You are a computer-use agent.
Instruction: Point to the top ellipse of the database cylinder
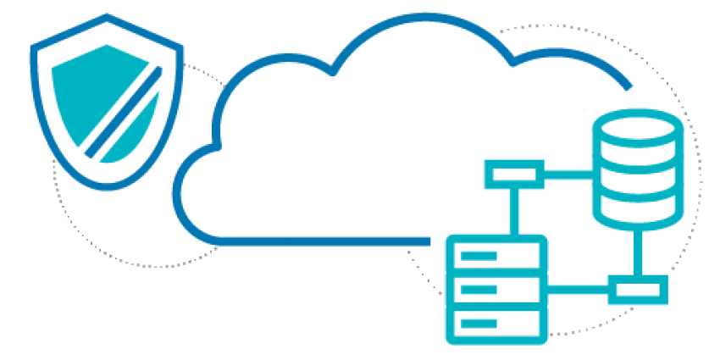point(637,125)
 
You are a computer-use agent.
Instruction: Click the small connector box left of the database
point(514,175)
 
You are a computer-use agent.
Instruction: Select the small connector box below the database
point(637,291)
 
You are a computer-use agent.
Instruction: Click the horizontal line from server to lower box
point(576,291)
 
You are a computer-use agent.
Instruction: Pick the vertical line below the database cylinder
point(637,252)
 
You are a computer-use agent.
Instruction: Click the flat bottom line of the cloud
point(322,241)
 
